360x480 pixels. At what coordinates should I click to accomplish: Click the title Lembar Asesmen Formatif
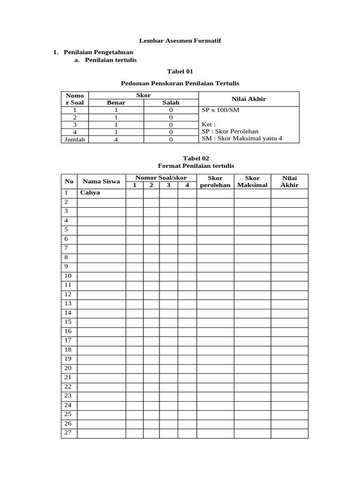(x=180, y=41)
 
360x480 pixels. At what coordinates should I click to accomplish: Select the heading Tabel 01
(x=180, y=72)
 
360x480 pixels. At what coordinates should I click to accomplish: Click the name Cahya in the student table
(x=90, y=193)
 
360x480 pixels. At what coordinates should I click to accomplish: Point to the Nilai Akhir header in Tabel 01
(x=248, y=99)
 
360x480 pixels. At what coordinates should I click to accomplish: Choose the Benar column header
(x=116, y=103)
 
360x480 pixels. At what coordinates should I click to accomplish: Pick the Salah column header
(x=171, y=103)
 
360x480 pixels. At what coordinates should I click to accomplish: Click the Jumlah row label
(x=75, y=139)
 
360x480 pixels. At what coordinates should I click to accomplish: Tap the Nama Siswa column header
(x=101, y=181)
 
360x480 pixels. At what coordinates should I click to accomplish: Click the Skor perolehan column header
(x=215, y=181)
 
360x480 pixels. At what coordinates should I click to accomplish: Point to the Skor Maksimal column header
(x=252, y=181)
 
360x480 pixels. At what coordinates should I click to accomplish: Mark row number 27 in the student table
(x=67, y=433)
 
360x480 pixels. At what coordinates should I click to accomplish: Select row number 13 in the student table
(x=67, y=303)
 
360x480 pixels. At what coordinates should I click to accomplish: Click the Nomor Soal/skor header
(x=161, y=178)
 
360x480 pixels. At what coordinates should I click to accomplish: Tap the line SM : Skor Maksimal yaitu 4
(x=242, y=139)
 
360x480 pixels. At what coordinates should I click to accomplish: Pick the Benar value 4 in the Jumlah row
(x=116, y=139)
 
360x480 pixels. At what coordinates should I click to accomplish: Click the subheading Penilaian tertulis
(x=111, y=60)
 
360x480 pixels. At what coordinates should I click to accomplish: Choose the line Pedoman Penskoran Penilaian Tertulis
(x=180, y=83)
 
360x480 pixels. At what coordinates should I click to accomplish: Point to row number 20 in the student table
(x=67, y=368)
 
